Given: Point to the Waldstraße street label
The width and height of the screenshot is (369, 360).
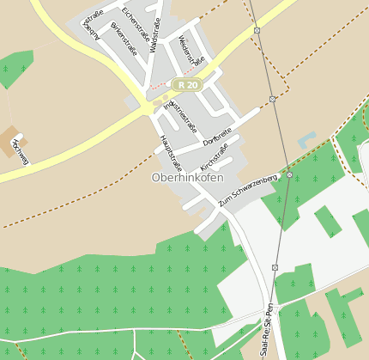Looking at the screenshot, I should point(155,35).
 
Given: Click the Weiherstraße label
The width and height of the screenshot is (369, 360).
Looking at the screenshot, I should point(192,50).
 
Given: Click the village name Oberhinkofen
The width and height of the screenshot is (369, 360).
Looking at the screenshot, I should point(187,177).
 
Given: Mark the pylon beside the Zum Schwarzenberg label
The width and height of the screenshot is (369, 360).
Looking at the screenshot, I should point(289,174).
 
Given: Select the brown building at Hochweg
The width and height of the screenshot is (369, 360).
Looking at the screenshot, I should point(12,135).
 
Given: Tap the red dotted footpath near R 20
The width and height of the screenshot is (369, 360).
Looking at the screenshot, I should point(160,86).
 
